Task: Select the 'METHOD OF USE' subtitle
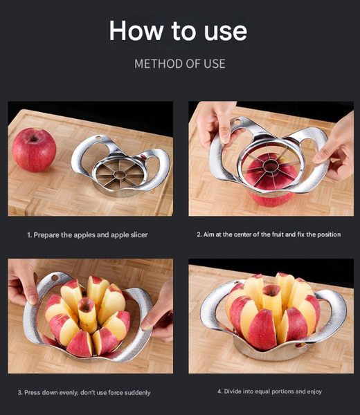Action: point(179,64)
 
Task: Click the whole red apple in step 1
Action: point(34,149)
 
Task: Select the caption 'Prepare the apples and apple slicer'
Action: point(87,235)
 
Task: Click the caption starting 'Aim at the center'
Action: point(269,234)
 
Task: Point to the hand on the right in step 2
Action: point(338,145)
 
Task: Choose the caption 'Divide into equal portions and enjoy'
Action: point(269,391)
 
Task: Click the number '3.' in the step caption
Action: point(21,392)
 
